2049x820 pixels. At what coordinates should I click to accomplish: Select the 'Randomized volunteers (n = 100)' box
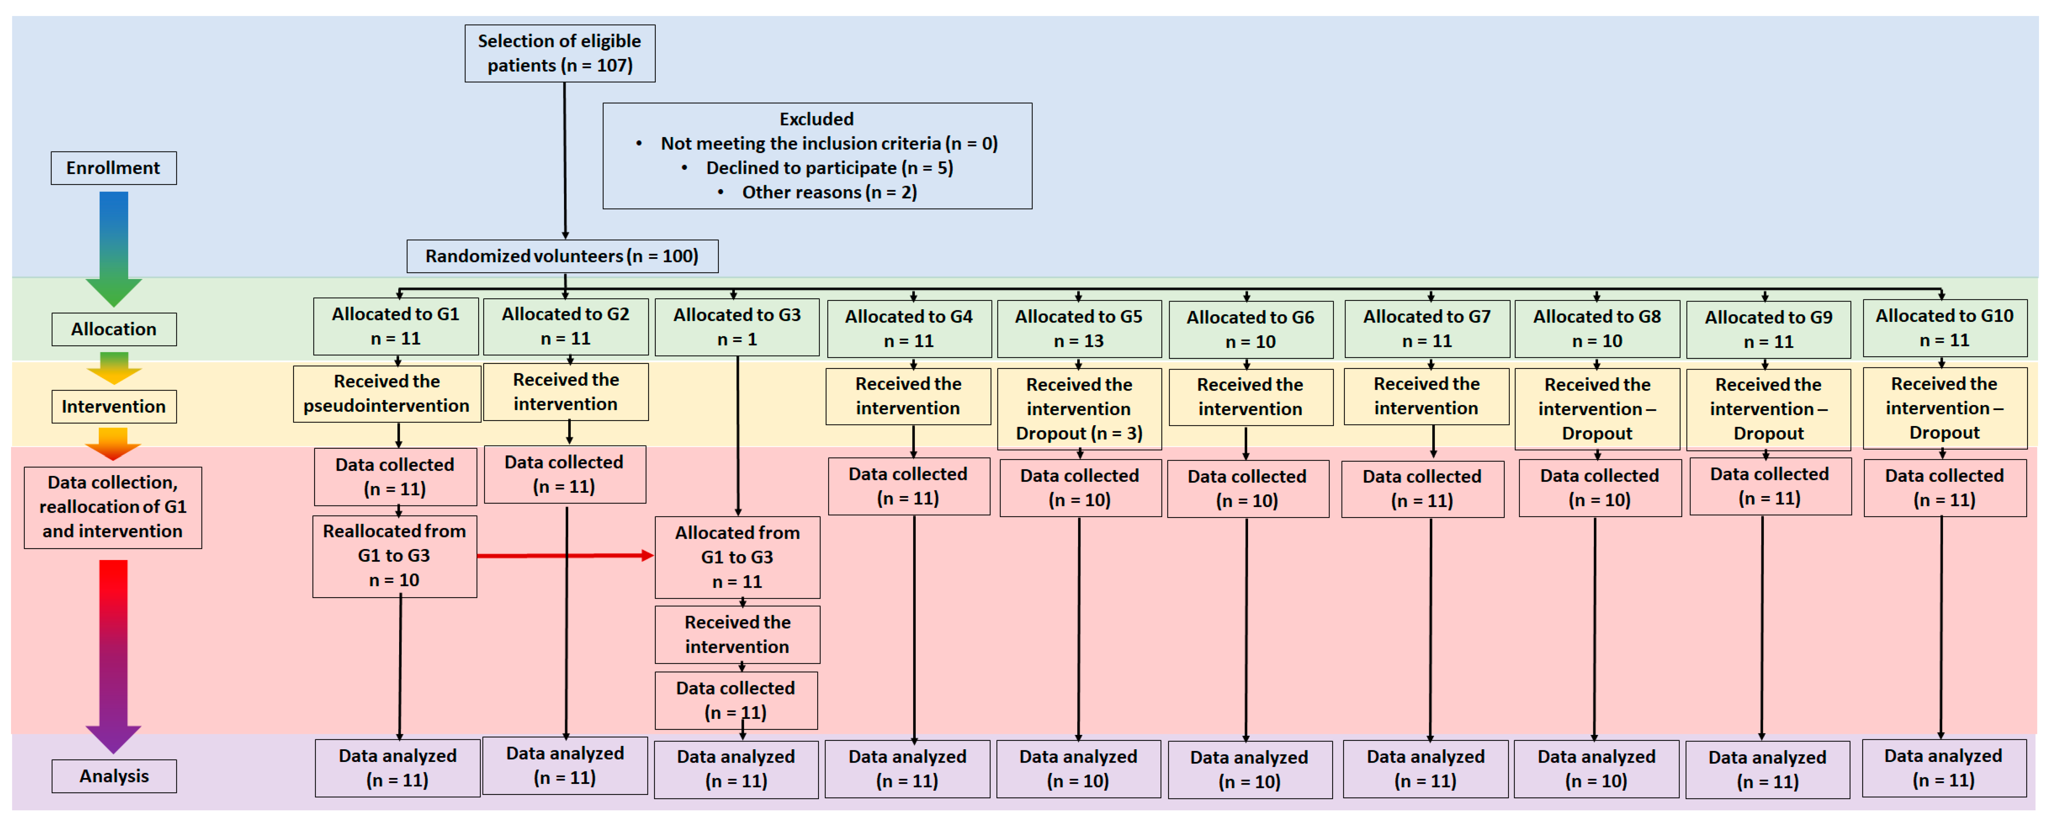pyautogui.click(x=562, y=256)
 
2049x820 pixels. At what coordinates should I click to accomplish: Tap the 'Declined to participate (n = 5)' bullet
pyautogui.click(x=829, y=168)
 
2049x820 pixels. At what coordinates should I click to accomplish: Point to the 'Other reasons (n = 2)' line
pyautogui.click(x=829, y=192)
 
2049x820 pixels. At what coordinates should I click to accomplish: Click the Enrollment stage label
pyautogui.click(x=114, y=168)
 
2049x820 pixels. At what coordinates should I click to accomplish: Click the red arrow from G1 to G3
pyautogui.click(x=565, y=555)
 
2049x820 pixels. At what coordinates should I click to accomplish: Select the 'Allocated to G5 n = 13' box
pyautogui.click(x=1079, y=329)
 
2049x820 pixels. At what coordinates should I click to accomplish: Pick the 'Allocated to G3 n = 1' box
pyautogui.click(x=737, y=327)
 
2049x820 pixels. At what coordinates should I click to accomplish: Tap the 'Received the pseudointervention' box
pyautogui.click(x=386, y=394)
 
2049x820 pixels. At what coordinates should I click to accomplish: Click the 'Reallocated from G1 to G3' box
pyautogui.click(x=394, y=556)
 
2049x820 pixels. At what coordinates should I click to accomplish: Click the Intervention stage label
pyautogui.click(x=114, y=406)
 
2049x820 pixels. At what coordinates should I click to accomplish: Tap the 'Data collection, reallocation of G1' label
pyautogui.click(x=113, y=507)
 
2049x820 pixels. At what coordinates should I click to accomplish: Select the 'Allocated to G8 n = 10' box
pyautogui.click(x=1597, y=329)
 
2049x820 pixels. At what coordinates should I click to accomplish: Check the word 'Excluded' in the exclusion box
pyautogui.click(x=816, y=119)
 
